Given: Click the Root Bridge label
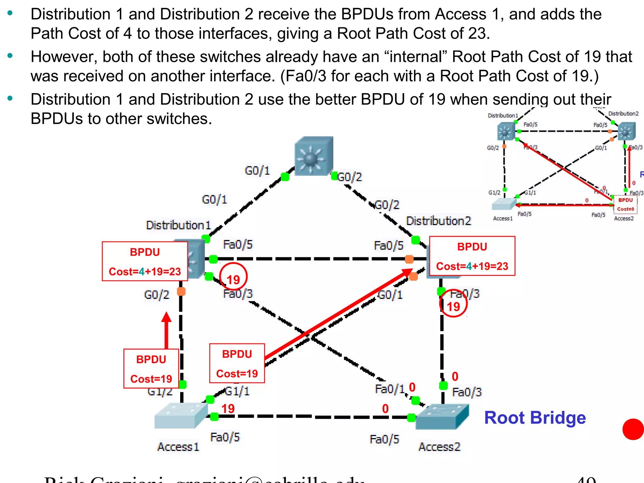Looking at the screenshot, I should pos(535,418).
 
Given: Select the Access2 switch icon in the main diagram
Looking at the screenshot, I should pos(441,417).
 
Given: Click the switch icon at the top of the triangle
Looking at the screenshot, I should pos(314,156).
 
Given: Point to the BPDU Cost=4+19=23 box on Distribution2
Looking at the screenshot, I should pos(472,256).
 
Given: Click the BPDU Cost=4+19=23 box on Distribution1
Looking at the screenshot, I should pos(145,261).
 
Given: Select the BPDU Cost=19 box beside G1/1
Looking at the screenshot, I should pos(237,364).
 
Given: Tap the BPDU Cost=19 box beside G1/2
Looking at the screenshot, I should pos(151,369).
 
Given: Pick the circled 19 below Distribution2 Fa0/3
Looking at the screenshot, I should pos(453,304).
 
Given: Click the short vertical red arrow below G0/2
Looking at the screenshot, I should pos(166,330).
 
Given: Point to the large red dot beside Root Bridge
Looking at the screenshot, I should pos(633,429).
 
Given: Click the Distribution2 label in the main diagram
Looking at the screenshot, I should pos(439,221).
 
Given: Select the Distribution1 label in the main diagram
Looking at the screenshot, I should pos(178,225).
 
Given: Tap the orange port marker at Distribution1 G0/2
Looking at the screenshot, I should pos(181,291).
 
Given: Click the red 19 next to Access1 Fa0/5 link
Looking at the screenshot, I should pos(228,409).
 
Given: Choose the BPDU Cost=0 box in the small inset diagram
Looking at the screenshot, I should pos(625,204).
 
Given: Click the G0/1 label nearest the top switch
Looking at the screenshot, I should pos(257,171).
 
